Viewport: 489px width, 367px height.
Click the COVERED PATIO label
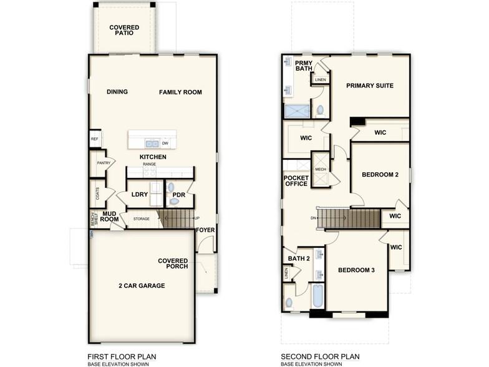124,31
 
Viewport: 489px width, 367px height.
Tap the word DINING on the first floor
117,92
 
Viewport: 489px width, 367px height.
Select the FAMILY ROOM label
180,92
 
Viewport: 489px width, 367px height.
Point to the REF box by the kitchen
95,139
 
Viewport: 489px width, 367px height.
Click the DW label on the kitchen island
165,143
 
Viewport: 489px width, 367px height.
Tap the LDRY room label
140,195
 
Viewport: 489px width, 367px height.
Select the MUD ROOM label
110,217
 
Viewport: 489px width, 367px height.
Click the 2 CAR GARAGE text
142,285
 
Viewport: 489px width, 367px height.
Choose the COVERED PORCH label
173,264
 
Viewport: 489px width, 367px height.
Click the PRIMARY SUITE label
370,86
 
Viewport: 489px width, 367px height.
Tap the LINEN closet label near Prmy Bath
320,80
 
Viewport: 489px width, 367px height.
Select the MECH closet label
321,169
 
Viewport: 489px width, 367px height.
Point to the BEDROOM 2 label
380,174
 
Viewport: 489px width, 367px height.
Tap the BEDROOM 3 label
356,270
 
